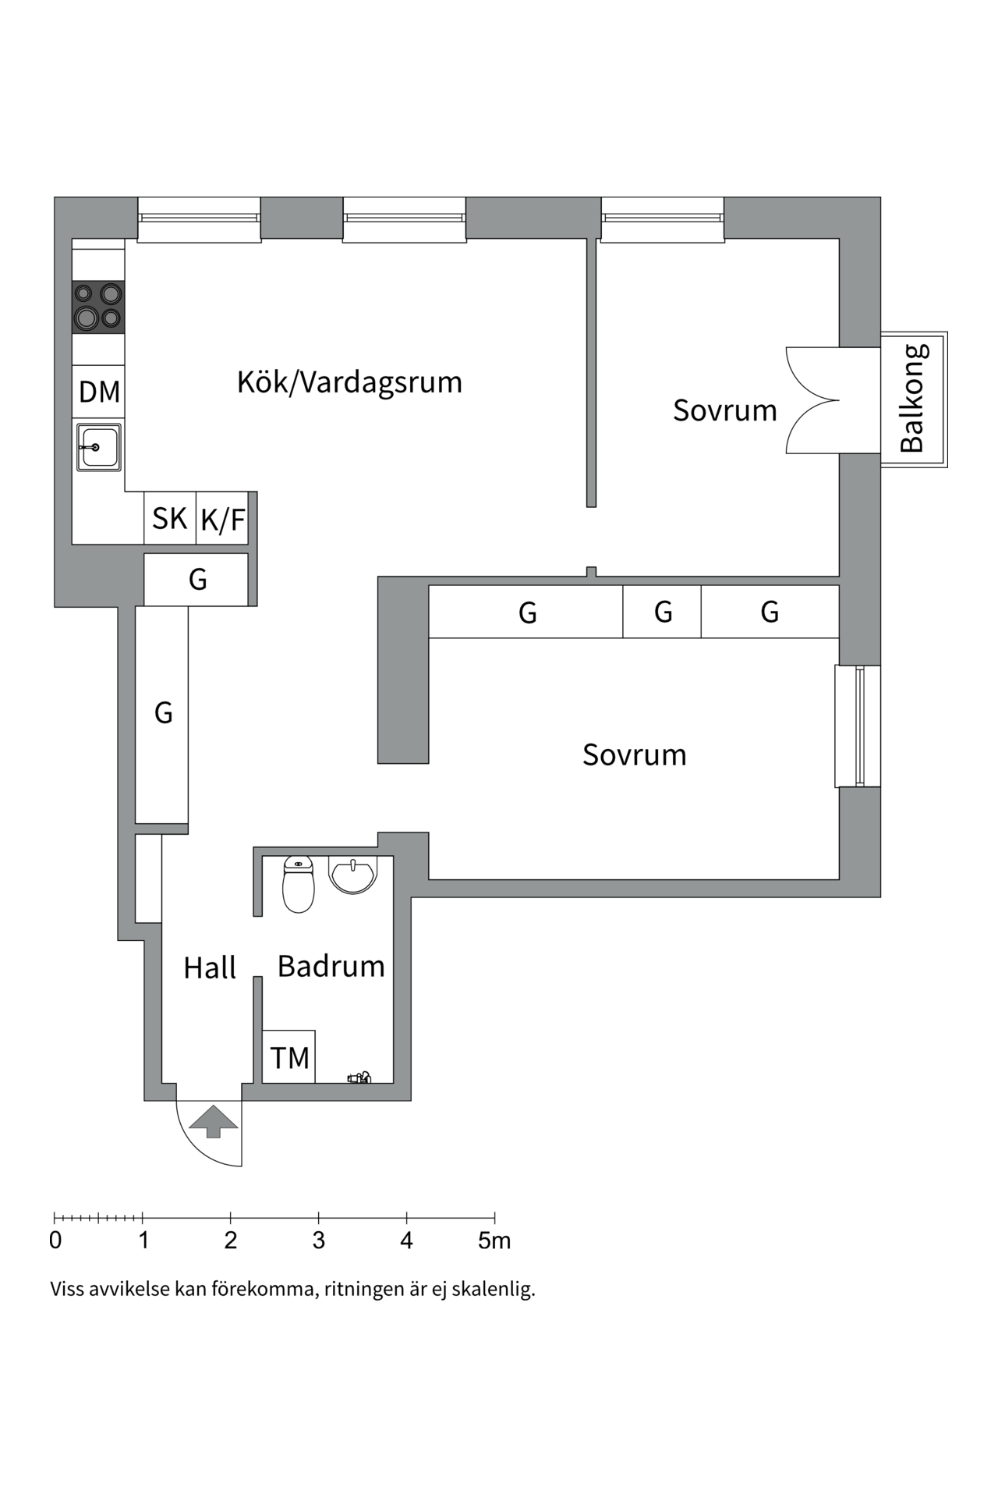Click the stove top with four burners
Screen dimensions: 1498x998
(98, 307)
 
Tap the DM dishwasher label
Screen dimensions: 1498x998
(99, 392)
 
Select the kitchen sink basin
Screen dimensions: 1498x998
(99, 447)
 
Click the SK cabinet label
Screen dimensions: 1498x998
(169, 519)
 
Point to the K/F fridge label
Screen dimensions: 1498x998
(222, 520)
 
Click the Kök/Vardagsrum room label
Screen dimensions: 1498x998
(349, 382)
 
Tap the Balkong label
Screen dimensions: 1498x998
(911, 399)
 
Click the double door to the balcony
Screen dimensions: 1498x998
(812, 400)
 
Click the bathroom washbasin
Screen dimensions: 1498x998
(353, 874)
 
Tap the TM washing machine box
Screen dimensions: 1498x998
(288, 1057)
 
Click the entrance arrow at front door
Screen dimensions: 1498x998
(213, 1121)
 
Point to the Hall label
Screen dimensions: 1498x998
(209, 968)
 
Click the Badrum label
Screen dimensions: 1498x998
(331, 967)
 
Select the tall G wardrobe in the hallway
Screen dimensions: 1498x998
(162, 714)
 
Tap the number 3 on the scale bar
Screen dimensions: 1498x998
(318, 1241)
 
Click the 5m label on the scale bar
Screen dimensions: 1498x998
(494, 1241)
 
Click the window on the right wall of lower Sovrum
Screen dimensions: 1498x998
(858, 726)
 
